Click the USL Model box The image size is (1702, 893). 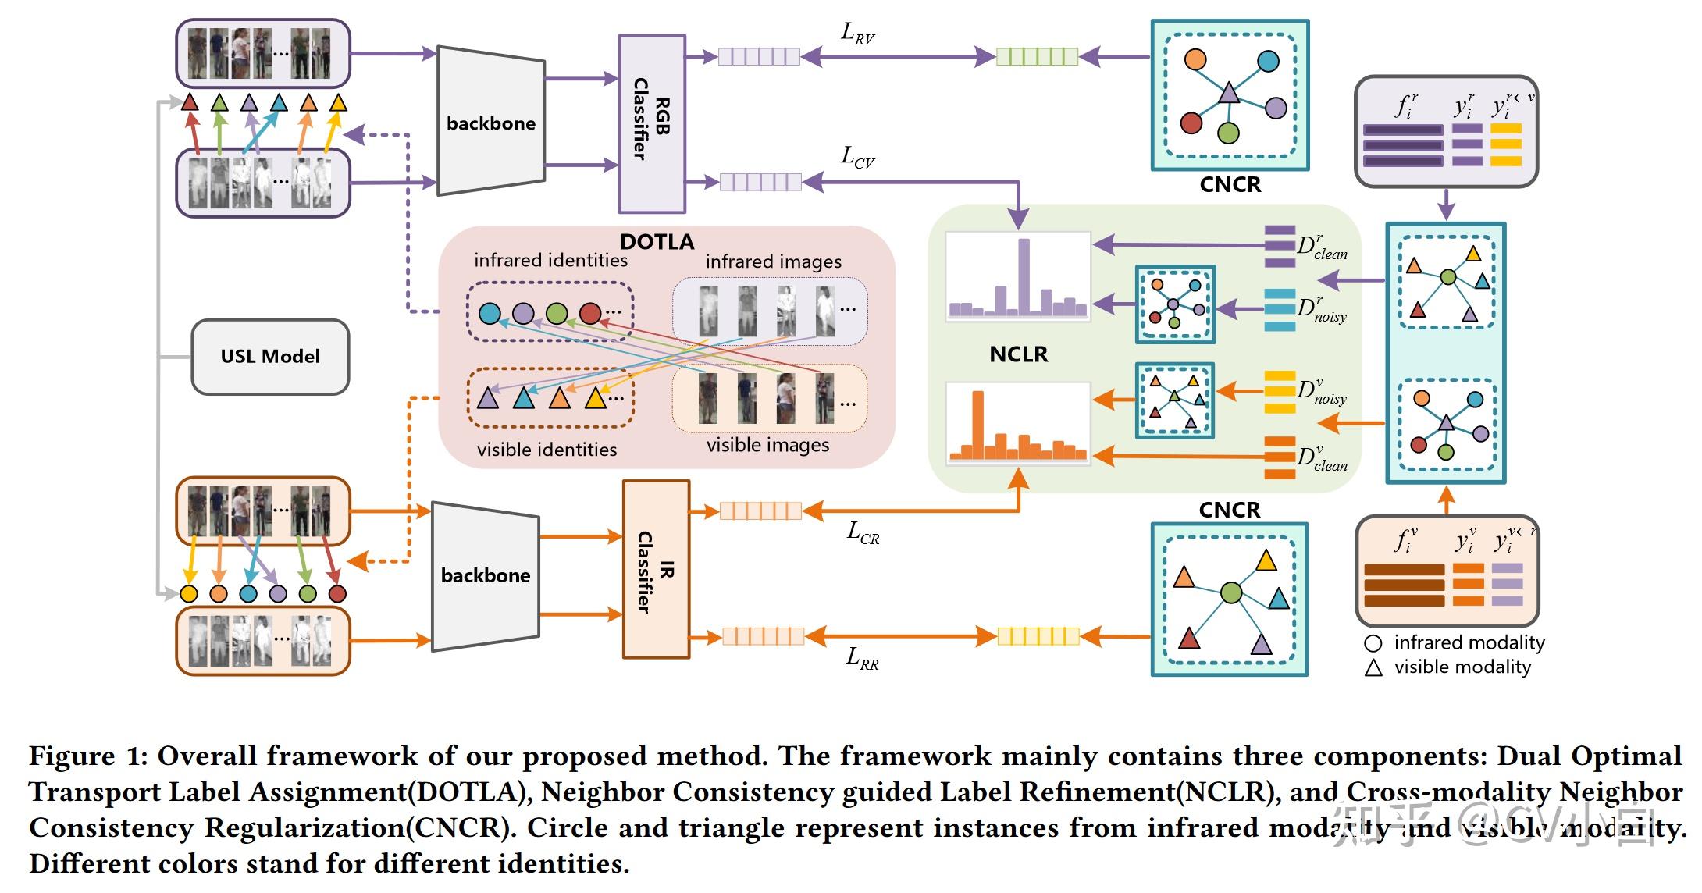tap(270, 357)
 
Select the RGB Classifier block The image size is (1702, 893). tap(652, 123)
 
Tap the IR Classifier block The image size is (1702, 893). tap(656, 569)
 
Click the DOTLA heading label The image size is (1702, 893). tap(657, 241)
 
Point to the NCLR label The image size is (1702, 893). tap(1018, 354)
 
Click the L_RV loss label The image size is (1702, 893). tap(857, 34)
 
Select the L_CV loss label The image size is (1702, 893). tap(857, 158)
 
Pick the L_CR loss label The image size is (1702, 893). tap(863, 534)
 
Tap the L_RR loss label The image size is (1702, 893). tap(862, 658)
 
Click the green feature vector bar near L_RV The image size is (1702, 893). tap(1037, 56)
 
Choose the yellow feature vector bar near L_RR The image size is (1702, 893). tap(1038, 637)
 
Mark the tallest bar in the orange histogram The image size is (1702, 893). tap(977, 422)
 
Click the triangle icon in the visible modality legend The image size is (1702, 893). tap(1373, 668)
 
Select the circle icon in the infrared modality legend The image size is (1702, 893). tap(1373, 643)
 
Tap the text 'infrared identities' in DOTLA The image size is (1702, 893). tap(550, 260)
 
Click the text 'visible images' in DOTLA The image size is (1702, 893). tap(767, 445)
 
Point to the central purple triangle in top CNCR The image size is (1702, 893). tap(1229, 94)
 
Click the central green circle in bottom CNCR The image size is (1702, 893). tap(1231, 593)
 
